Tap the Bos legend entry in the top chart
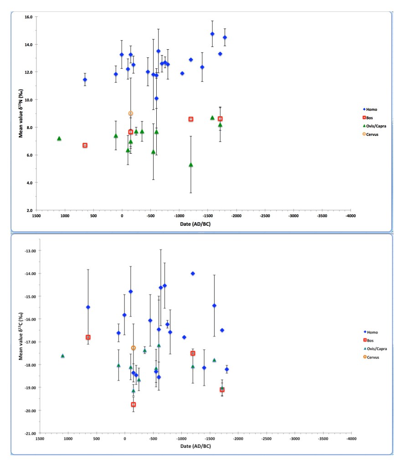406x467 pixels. pos(370,118)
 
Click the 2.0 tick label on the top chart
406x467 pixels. pos(29,211)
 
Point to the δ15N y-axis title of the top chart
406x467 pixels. pos(21,114)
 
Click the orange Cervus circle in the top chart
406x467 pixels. pos(131,114)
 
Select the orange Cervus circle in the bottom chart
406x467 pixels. pos(134,348)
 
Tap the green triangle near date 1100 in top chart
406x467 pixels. pos(59,138)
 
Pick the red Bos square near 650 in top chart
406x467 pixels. pos(85,145)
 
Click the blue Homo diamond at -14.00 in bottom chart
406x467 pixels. pos(193,274)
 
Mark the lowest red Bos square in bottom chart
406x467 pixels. pos(134,405)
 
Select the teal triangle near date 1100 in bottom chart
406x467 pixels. pos(62,356)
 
